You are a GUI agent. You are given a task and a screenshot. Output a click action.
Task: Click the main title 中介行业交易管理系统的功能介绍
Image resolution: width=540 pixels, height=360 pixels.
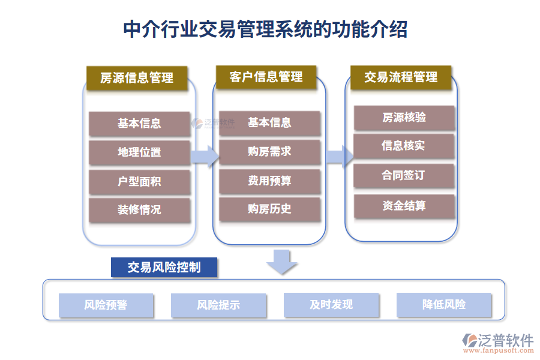pos(265,29)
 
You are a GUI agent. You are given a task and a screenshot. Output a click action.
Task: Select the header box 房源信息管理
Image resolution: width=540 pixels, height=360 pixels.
pos(136,78)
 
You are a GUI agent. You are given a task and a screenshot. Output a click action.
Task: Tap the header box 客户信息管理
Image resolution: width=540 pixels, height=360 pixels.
pos(266,77)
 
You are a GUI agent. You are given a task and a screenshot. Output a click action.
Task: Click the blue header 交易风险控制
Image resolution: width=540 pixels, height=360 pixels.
pos(164,267)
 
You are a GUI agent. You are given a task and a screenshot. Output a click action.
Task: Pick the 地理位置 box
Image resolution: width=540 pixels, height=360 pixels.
pos(139,152)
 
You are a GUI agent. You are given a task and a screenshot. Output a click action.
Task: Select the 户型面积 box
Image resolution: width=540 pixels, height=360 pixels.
pos(139,181)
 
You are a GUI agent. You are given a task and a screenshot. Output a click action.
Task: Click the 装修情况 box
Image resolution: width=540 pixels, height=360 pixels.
pos(139,210)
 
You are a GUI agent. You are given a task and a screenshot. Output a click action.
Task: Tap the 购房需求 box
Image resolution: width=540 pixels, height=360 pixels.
pos(269,152)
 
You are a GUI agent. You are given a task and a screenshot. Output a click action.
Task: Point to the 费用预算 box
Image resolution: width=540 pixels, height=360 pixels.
pos(269,181)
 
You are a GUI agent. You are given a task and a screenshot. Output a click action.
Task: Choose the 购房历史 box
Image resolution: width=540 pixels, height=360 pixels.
pos(269,209)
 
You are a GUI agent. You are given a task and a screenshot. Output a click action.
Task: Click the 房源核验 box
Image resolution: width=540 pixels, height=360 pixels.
pos(404,118)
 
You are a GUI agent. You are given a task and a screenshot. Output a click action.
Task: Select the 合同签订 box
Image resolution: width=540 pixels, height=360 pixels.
pos(404,175)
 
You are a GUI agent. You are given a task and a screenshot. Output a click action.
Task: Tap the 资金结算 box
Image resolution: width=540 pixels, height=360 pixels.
pos(404,206)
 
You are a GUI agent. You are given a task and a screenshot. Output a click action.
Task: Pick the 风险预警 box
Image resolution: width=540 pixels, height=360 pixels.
pos(106,305)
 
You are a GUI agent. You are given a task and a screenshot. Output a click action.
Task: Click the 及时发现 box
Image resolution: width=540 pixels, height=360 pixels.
pos(331,305)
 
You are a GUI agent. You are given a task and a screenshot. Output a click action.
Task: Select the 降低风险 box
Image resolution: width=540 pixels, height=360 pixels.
pos(443,305)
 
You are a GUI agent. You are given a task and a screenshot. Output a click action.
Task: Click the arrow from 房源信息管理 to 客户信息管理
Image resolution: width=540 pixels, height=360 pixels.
pos(204,157)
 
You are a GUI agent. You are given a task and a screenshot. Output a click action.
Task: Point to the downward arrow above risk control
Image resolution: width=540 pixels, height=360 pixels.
pos(281,262)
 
